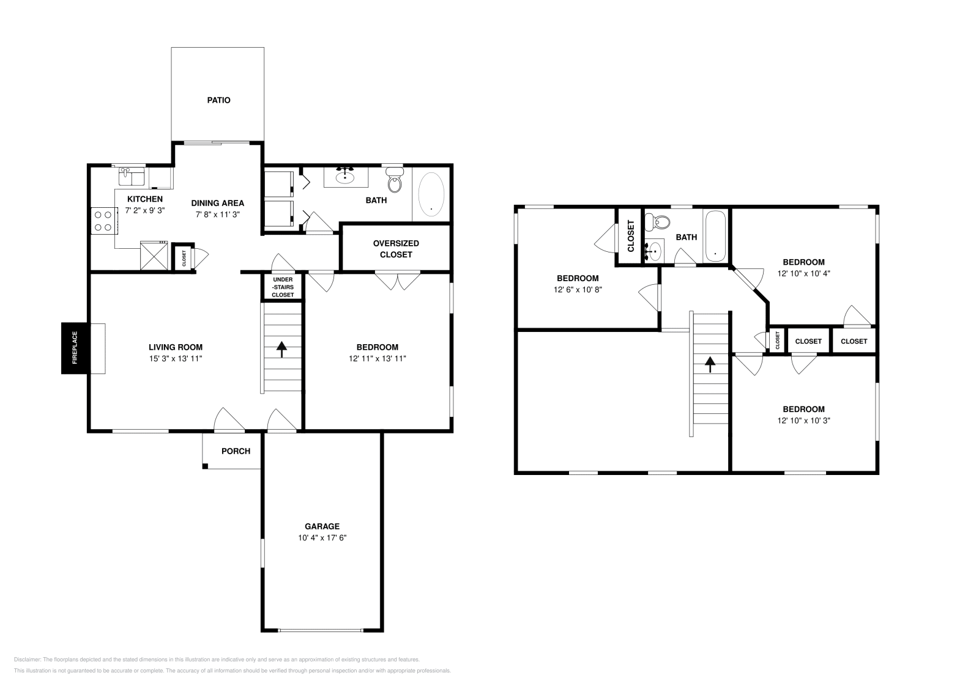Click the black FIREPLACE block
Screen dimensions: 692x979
pyautogui.click(x=75, y=347)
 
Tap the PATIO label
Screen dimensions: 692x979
pyautogui.click(x=218, y=100)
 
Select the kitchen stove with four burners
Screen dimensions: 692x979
pyautogui.click(x=104, y=221)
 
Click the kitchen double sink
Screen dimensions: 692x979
pyautogui.click(x=132, y=176)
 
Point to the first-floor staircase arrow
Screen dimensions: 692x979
pyautogui.click(x=281, y=349)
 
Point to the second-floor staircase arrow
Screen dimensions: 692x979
pyautogui.click(x=710, y=365)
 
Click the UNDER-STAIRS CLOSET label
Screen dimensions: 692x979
pyautogui.click(x=283, y=287)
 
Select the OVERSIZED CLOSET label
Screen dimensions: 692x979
pyautogui.click(x=396, y=249)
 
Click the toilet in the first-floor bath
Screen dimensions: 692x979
pyautogui.click(x=395, y=181)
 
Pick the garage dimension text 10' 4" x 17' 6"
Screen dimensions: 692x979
pyautogui.click(x=322, y=538)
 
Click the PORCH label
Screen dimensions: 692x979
pyautogui.click(x=236, y=451)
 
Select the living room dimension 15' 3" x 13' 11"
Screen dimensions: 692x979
pyautogui.click(x=175, y=359)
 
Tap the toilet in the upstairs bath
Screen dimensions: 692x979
pyautogui.click(x=658, y=222)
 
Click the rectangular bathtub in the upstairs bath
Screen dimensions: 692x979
pyautogui.click(x=715, y=236)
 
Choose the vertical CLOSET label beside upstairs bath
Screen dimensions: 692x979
pyautogui.click(x=630, y=235)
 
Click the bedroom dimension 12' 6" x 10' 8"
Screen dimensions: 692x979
pyautogui.click(x=578, y=290)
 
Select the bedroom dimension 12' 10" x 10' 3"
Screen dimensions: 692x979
pyautogui.click(x=803, y=421)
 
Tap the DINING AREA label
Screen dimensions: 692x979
pyautogui.click(x=217, y=203)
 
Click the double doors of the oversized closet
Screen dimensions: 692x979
pyautogui.click(x=398, y=281)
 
